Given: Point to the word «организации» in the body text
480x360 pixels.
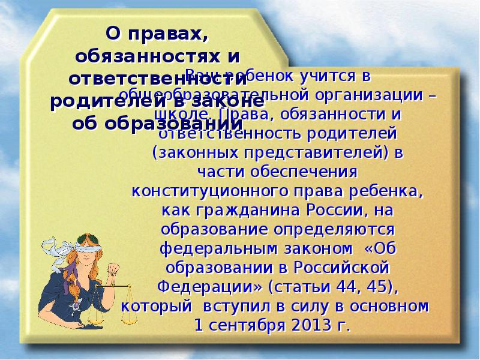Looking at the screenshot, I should [x=373, y=95].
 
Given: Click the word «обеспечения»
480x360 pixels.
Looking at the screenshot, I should [x=311, y=172].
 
